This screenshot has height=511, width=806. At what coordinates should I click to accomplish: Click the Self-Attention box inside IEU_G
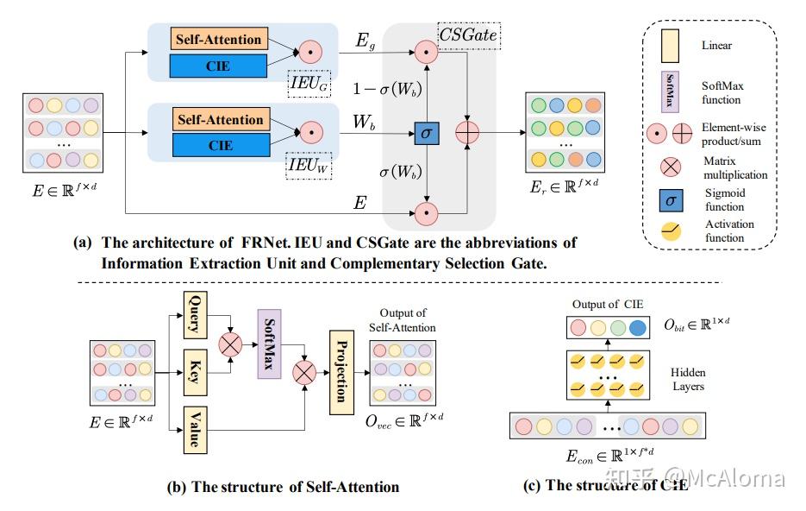pos(220,40)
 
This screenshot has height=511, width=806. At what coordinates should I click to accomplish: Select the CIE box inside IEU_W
pos(220,144)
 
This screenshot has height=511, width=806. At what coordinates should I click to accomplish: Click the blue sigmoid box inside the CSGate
pos(426,133)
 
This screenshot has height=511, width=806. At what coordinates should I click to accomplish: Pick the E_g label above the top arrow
pos(366,40)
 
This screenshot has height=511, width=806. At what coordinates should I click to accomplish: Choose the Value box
pos(195,428)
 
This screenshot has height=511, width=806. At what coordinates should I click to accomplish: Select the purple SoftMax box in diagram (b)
pos(268,344)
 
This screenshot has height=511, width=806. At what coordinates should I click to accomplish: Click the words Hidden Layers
pos(686,379)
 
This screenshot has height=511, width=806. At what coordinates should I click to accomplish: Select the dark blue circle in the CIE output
pos(636,328)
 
